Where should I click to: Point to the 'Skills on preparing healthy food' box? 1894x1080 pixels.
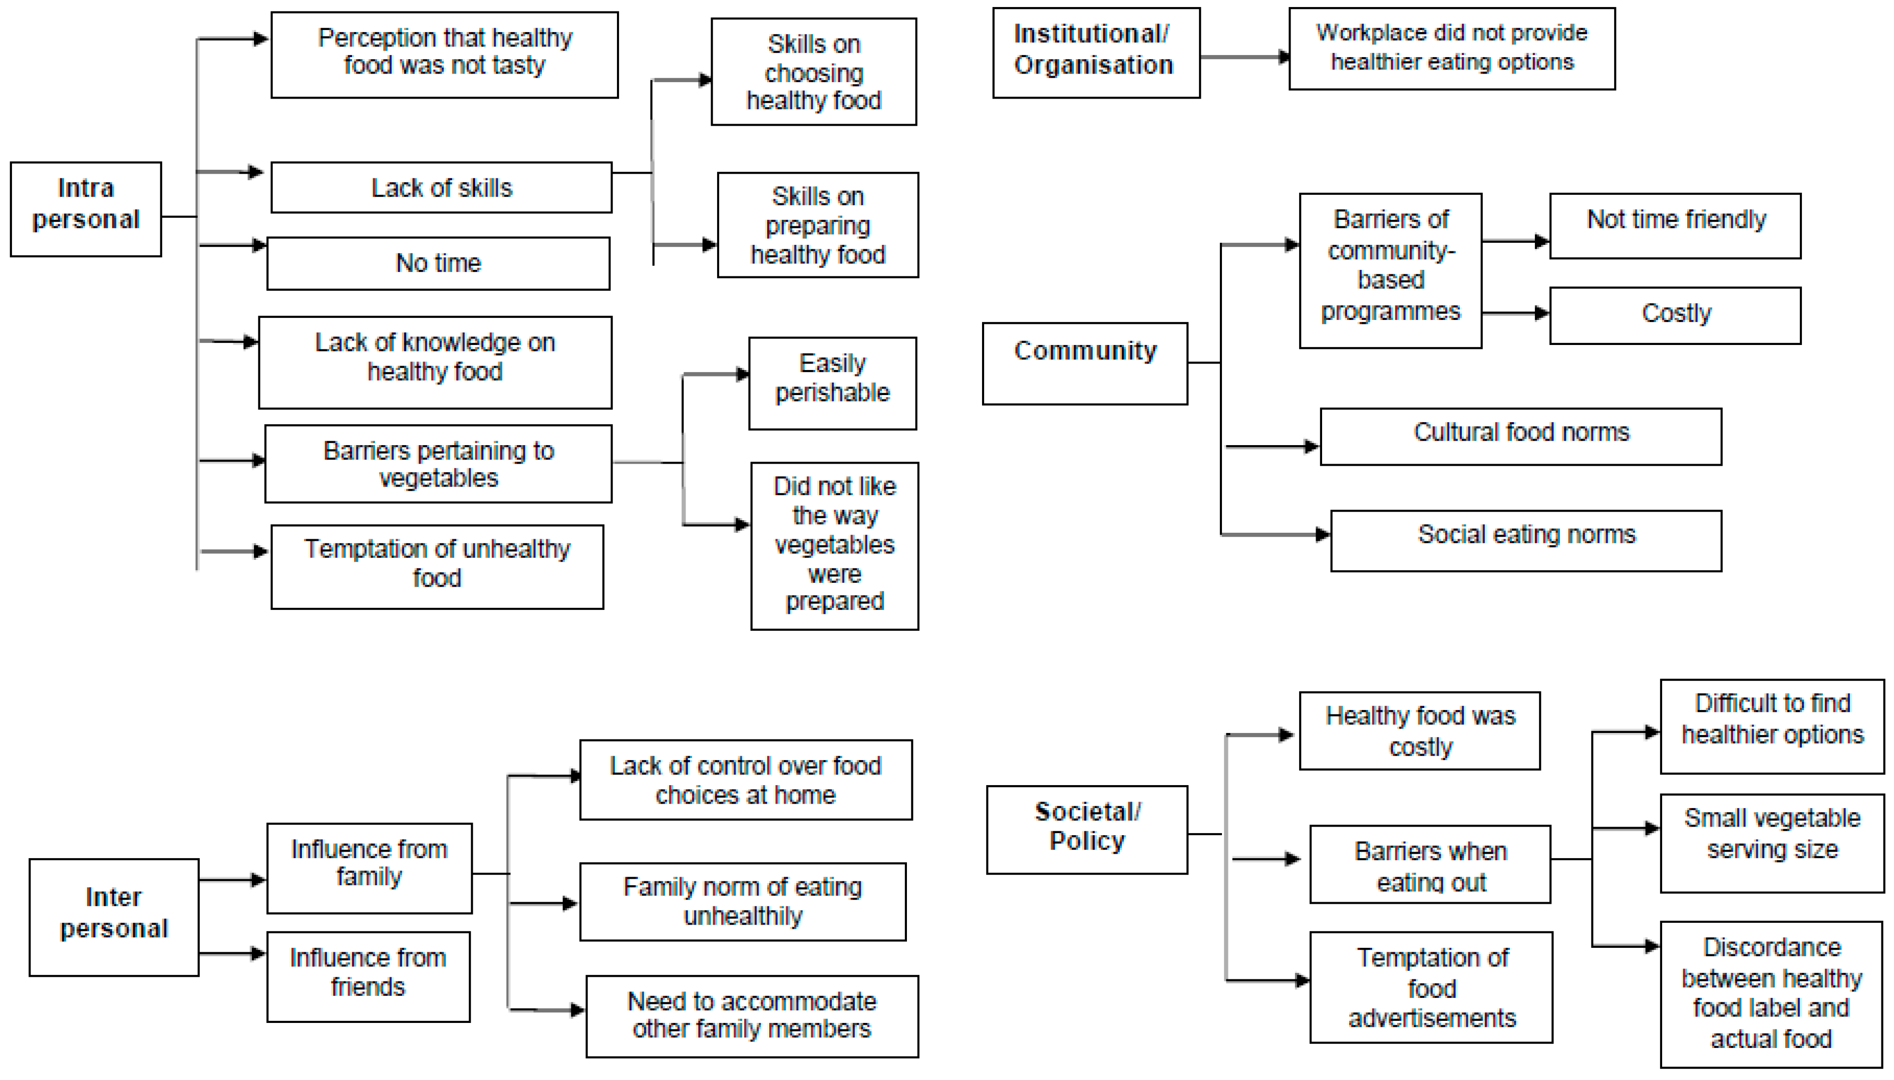pos(817,225)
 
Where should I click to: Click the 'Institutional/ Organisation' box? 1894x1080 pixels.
pos(1095,52)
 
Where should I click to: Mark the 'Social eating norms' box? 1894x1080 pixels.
pos(1525,539)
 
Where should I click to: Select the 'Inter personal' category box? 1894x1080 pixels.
pos(114,916)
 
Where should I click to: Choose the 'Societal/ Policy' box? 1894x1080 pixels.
pos(1086,829)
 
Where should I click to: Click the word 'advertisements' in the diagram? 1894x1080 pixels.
pos(1431,1018)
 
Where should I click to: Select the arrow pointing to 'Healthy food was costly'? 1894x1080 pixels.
pos(1261,735)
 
